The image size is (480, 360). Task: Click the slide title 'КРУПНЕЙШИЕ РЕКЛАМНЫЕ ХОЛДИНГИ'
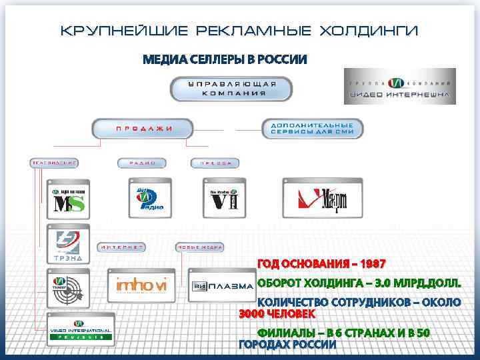(x=239, y=31)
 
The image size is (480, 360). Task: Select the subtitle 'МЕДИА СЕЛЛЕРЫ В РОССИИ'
(x=225, y=60)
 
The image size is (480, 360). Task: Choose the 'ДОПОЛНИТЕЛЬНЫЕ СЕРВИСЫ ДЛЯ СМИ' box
(x=312, y=128)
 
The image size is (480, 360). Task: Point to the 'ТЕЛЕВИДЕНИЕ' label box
(x=55, y=163)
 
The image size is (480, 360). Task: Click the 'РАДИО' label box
(x=142, y=163)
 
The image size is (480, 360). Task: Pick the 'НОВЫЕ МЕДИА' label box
(x=199, y=247)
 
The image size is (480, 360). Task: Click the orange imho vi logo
(x=141, y=285)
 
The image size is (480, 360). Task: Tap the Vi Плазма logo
(x=221, y=286)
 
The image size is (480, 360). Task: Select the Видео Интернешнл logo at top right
(x=399, y=87)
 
